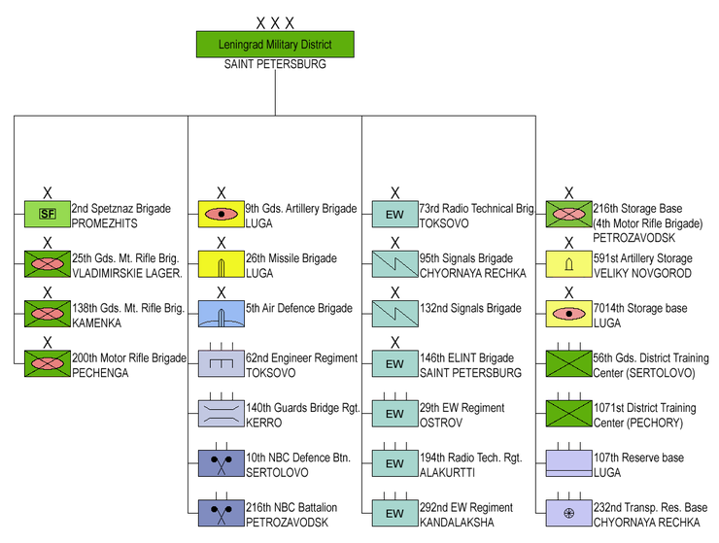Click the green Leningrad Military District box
[275, 45]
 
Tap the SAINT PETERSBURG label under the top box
[275, 65]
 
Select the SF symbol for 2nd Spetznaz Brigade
[47, 213]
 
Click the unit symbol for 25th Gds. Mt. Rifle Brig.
[47, 263]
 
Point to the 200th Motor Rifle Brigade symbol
[47, 362]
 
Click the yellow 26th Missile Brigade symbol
[221, 263]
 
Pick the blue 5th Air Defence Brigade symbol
[221, 313]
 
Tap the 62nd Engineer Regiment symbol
[221, 362]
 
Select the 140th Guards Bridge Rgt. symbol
[221, 413]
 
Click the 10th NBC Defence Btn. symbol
[221, 462]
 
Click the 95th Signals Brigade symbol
[394, 263]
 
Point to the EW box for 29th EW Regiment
[394, 413]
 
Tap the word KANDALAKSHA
[458, 523]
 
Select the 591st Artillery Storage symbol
[568, 263]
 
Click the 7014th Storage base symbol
[568, 313]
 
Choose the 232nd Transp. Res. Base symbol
[568, 512]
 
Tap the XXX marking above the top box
[275, 21]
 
